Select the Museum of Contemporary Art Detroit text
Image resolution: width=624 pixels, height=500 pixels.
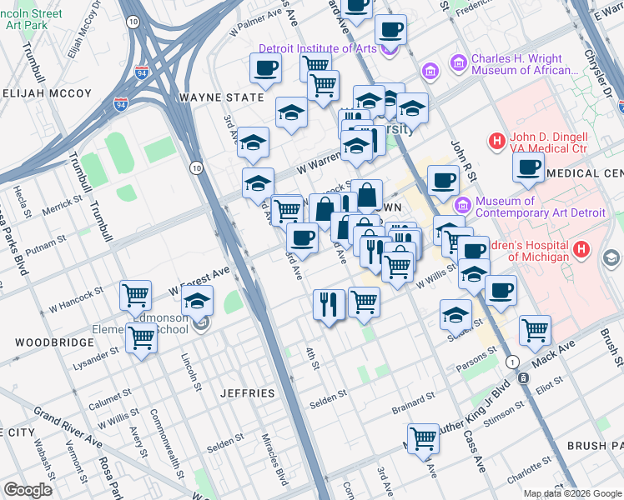tap(539, 207)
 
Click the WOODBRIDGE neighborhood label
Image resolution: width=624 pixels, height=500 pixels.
tap(47, 342)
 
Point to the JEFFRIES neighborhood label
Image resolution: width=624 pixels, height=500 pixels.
tap(247, 392)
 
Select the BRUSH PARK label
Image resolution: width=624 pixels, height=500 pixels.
tap(594, 447)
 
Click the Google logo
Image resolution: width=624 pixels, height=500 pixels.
tap(28, 489)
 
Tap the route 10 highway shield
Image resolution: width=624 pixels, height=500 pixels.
tap(194, 167)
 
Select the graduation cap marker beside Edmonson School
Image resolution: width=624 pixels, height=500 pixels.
tap(198, 301)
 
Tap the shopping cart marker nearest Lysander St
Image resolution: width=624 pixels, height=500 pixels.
tap(142, 338)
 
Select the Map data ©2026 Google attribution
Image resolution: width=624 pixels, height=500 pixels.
tap(572, 493)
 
